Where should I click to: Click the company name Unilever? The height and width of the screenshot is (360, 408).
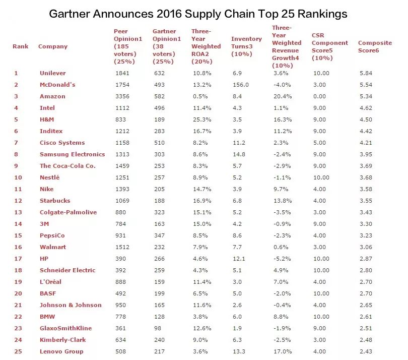[52, 73]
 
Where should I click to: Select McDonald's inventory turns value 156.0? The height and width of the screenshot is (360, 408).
[240, 85]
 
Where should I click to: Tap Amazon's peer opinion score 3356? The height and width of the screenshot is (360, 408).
[122, 96]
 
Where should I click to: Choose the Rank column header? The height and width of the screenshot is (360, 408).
[21, 46]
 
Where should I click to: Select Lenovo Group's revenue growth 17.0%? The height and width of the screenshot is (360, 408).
[282, 351]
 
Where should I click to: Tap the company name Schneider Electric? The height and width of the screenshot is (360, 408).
[67, 270]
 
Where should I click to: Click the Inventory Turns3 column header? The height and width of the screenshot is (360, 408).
[246, 42]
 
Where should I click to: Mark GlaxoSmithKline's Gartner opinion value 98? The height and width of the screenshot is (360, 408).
[157, 328]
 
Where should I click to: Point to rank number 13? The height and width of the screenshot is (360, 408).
[18, 212]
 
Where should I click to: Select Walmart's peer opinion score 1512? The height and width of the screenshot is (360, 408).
[122, 247]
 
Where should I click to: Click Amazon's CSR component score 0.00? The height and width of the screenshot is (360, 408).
[320, 96]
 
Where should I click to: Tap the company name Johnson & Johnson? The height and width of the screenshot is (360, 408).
[71, 305]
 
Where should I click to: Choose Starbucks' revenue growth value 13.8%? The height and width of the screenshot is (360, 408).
[282, 201]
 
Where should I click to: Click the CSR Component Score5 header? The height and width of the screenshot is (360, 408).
[329, 42]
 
